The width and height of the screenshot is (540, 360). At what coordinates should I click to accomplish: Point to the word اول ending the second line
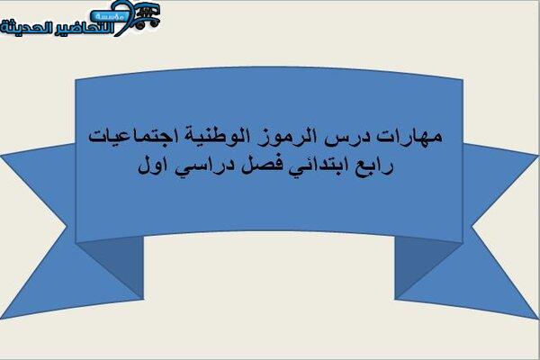coord(153,166)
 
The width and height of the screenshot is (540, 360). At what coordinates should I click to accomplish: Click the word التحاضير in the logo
coord(85,28)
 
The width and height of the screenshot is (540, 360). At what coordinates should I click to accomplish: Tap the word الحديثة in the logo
coord(27,27)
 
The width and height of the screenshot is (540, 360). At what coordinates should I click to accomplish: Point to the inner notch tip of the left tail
coord(67,227)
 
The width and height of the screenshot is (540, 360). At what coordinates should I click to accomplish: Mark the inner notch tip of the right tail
coord(472,228)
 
